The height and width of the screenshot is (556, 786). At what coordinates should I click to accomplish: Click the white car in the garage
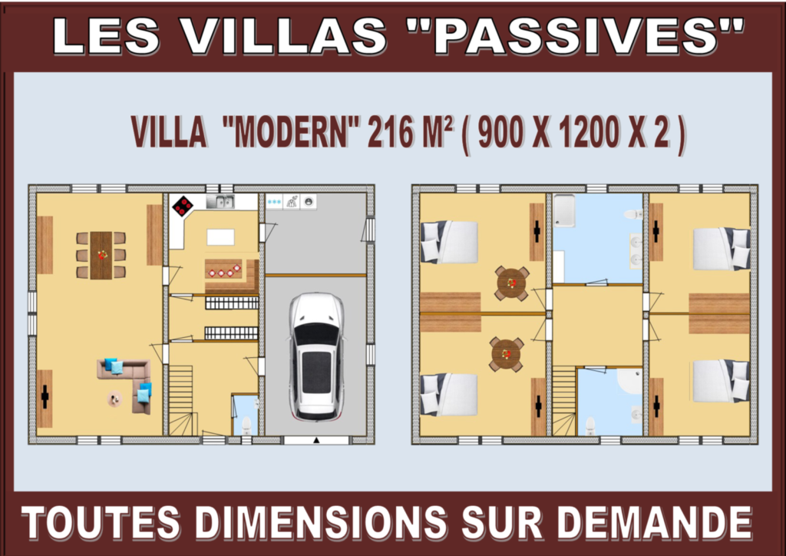click(316, 356)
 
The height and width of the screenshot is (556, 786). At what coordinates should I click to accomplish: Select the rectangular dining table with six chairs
click(101, 255)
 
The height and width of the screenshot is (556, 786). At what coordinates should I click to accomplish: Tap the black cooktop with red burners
click(183, 206)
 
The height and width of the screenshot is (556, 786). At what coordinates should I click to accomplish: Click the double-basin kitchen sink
click(220, 201)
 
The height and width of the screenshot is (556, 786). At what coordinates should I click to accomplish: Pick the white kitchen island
click(220, 237)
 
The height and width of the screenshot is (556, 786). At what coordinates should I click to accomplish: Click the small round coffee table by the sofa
click(115, 399)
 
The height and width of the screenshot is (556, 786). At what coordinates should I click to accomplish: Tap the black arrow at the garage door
click(316, 440)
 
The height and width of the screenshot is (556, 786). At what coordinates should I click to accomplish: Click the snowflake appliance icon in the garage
click(274, 201)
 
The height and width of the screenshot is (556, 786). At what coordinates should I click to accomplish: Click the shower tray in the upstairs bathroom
click(564, 211)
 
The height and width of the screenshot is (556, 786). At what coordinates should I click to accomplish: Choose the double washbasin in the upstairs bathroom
click(636, 250)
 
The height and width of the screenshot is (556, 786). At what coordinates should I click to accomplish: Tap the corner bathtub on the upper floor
click(629, 382)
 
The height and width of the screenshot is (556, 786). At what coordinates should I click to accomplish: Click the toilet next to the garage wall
click(246, 425)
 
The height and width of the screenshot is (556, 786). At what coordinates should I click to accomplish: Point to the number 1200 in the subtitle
click(589, 132)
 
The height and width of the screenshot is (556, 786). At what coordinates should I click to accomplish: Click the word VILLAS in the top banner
click(283, 37)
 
